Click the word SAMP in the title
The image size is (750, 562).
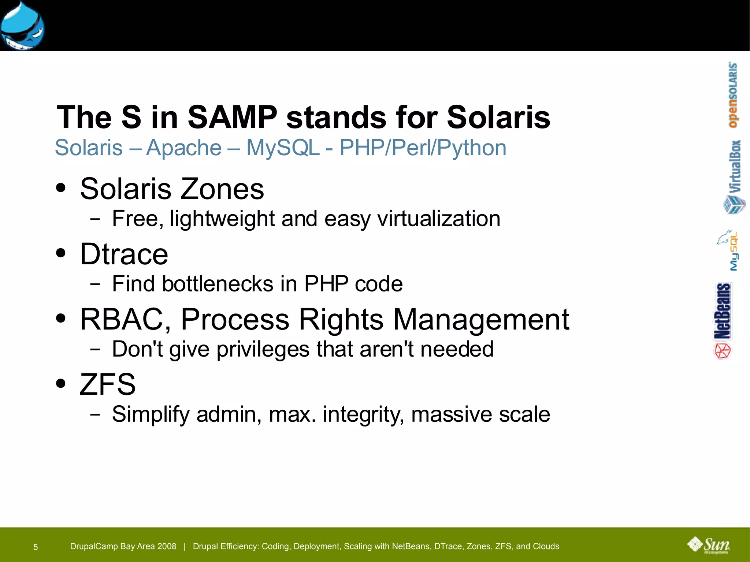pyautogui.click(x=232, y=117)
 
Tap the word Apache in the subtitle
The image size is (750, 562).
pyautogui.click(x=184, y=148)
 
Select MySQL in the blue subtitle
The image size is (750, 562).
pyautogui.click(x=283, y=148)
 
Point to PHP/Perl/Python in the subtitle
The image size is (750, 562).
pyautogui.click(x=423, y=148)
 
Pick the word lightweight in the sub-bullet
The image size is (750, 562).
pyautogui.click(x=222, y=219)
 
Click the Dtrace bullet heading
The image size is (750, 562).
pyautogui.click(x=124, y=254)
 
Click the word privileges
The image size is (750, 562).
pyautogui.click(x=263, y=349)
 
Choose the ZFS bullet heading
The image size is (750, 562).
pyautogui.click(x=108, y=384)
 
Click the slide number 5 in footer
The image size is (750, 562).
pyautogui.click(x=36, y=547)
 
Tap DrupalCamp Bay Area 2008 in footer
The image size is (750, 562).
pyautogui.click(x=123, y=546)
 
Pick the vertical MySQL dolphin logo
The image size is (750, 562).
pyautogui.click(x=729, y=250)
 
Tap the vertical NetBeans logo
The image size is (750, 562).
pyautogui.click(x=723, y=320)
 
